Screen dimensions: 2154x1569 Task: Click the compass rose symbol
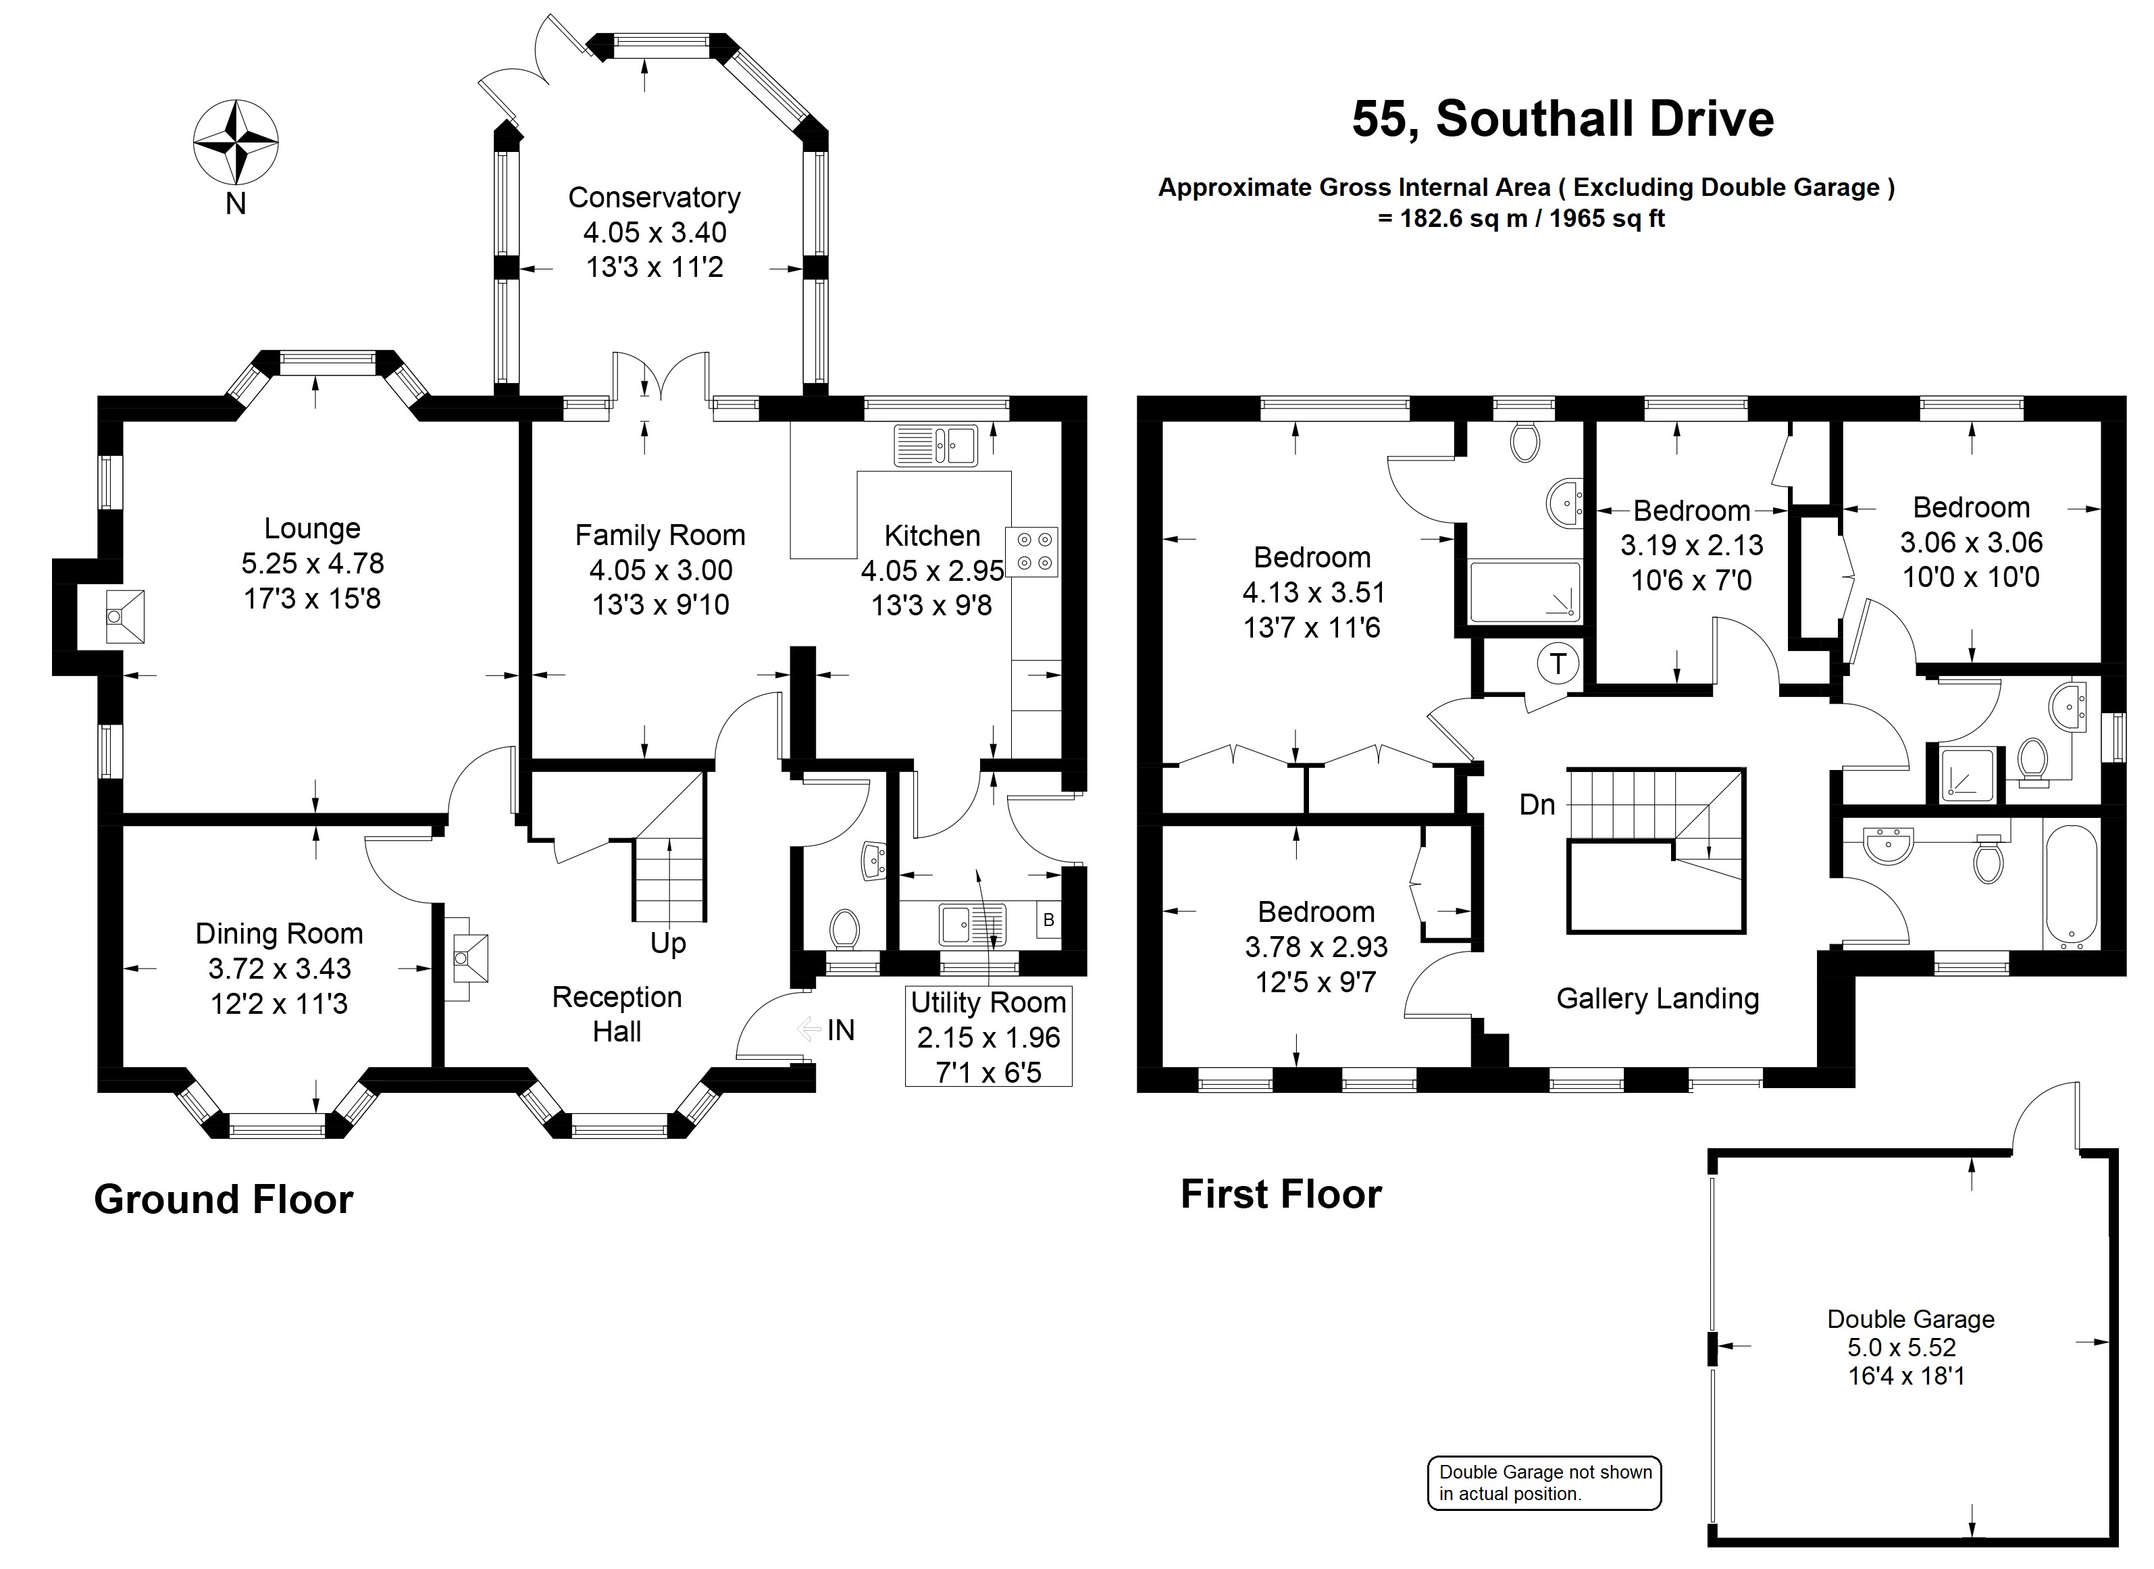pyautogui.click(x=236, y=143)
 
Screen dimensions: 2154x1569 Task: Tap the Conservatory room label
pyautogui.click(x=655, y=197)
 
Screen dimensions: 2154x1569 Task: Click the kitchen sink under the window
pyautogui.click(x=935, y=445)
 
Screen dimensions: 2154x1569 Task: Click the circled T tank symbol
pyautogui.click(x=1558, y=663)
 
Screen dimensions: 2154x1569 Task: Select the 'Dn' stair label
pyautogui.click(x=1537, y=805)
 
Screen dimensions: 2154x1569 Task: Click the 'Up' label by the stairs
pyautogui.click(x=667, y=944)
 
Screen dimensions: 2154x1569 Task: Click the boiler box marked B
pyautogui.click(x=1048, y=919)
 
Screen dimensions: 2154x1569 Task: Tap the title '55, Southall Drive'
pyautogui.click(x=1562, y=120)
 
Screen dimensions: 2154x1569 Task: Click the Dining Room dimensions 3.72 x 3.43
pyautogui.click(x=279, y=969)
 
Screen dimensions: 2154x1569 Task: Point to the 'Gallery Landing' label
pyautogui.click(x=1658, y=998)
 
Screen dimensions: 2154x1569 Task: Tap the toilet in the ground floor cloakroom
pyautogui.click(x=844, y=928)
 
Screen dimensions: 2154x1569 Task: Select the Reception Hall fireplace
pyautogui.click(x=468, y=957)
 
